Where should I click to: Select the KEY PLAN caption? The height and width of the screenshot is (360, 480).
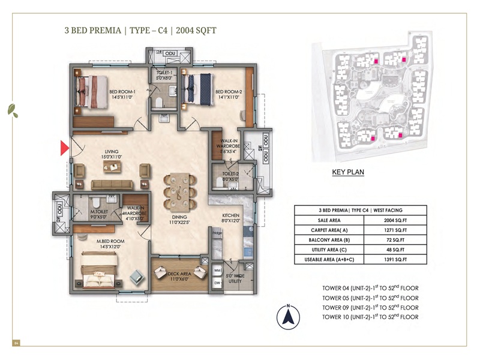click(348, 172)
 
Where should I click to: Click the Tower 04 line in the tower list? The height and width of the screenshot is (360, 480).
click(370, 288)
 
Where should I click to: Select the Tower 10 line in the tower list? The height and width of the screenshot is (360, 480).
click(370, 316)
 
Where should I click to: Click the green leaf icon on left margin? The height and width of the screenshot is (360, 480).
click(11, 110)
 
